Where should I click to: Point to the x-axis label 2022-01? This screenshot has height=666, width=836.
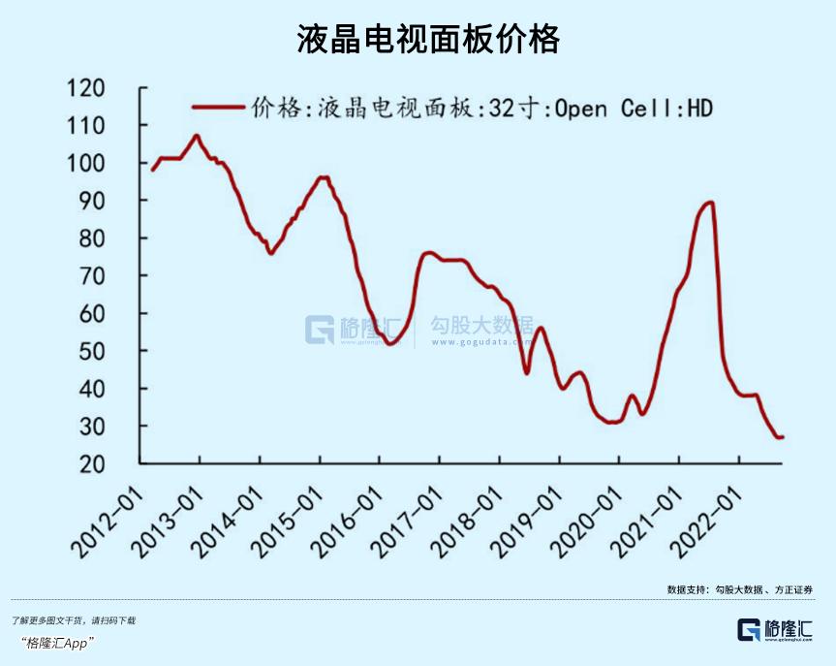coord(705,519)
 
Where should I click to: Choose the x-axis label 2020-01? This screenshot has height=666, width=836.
coord(586,519)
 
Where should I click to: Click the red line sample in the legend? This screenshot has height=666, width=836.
coord(218,108)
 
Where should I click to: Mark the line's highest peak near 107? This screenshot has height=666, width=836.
coord(197,136)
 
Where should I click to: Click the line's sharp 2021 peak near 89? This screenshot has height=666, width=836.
coord(711,202)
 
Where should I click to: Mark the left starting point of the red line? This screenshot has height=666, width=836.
coord(153,170)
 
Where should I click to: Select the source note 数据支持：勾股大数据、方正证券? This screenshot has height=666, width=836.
coord(739,589)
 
